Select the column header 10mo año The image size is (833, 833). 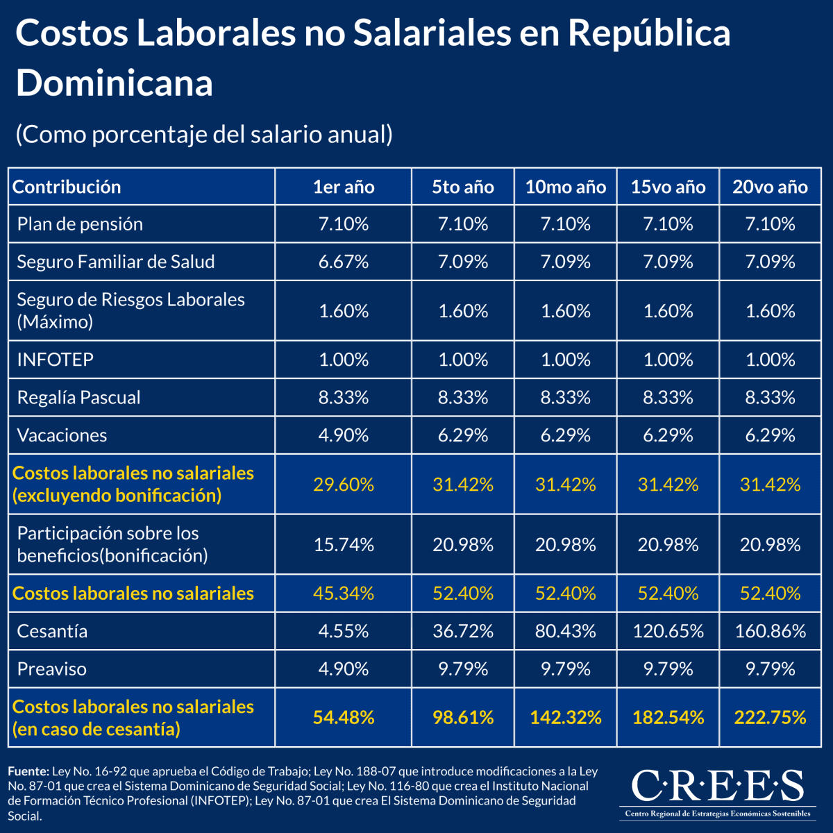(565, 187)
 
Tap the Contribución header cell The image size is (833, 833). (67, 187)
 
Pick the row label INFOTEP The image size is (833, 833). (55, 360)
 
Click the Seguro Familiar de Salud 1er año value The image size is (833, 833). (344, 262)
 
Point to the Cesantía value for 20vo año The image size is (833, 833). (771, 631)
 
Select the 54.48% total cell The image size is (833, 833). (344, 717)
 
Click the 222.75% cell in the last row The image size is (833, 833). (771, 717)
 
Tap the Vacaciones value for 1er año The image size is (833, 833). (344, 435)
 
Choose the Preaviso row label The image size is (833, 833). (52, 669)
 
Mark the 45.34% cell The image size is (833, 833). (344, 594)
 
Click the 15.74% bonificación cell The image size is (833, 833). (344, 545)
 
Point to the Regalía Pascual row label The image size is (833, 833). (78, 398)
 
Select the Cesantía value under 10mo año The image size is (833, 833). (565, 631)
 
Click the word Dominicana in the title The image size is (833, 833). (114, 83)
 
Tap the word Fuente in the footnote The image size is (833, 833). (28, 771)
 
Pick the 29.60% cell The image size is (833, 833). (344, 485)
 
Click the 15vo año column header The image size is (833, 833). (668, 187)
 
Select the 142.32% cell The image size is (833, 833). (565, 717)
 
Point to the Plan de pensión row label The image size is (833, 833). (80, 224)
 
